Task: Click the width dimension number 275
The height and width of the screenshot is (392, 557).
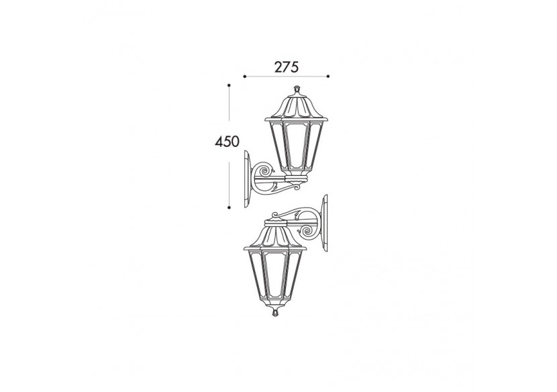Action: (x=286, y=66)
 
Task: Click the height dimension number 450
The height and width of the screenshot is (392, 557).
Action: (x=227, y=142)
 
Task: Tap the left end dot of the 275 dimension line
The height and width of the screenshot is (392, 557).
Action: (x=244, y=77)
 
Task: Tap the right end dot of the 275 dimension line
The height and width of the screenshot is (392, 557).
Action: (x=328, y=77)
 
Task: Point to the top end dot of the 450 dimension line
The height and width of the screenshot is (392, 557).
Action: (x=229, y=85)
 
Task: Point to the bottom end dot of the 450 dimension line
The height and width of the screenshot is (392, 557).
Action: (x=229, y=207)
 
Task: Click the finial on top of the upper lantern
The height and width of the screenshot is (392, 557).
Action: (x=295, y=89)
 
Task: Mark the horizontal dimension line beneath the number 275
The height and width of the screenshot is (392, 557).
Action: (x=286, y=77)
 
